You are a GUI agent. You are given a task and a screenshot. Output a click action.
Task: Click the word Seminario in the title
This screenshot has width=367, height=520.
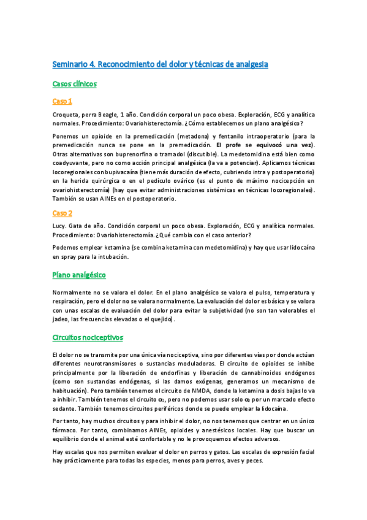click(70, 64)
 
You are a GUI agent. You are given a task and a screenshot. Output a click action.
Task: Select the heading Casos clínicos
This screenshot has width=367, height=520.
click(74, 83)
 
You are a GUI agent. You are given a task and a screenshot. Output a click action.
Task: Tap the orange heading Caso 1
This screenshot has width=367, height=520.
click(62, 101)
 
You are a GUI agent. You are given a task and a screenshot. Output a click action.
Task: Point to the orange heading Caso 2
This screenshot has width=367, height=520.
click(62, 213)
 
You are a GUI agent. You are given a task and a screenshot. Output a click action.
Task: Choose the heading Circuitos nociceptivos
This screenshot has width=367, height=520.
click(88, 337)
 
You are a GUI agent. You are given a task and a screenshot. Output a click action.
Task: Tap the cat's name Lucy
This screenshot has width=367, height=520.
click(60, 226)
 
